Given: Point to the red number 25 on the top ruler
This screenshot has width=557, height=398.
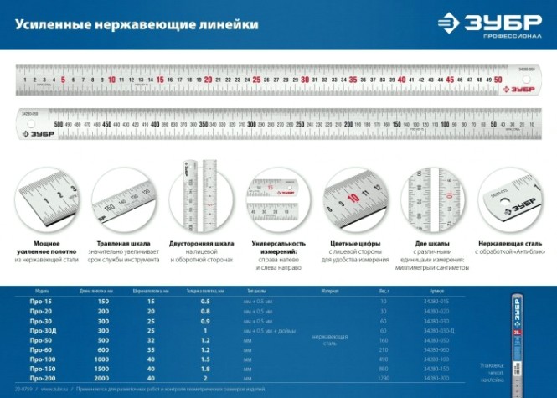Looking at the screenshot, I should click(x=255, y=80).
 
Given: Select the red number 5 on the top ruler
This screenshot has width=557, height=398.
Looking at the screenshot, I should click(x=64, y=80).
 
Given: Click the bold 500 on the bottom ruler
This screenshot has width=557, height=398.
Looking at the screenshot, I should click(x=58, y=124).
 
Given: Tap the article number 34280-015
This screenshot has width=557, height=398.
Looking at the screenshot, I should click(x=438, y=300).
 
